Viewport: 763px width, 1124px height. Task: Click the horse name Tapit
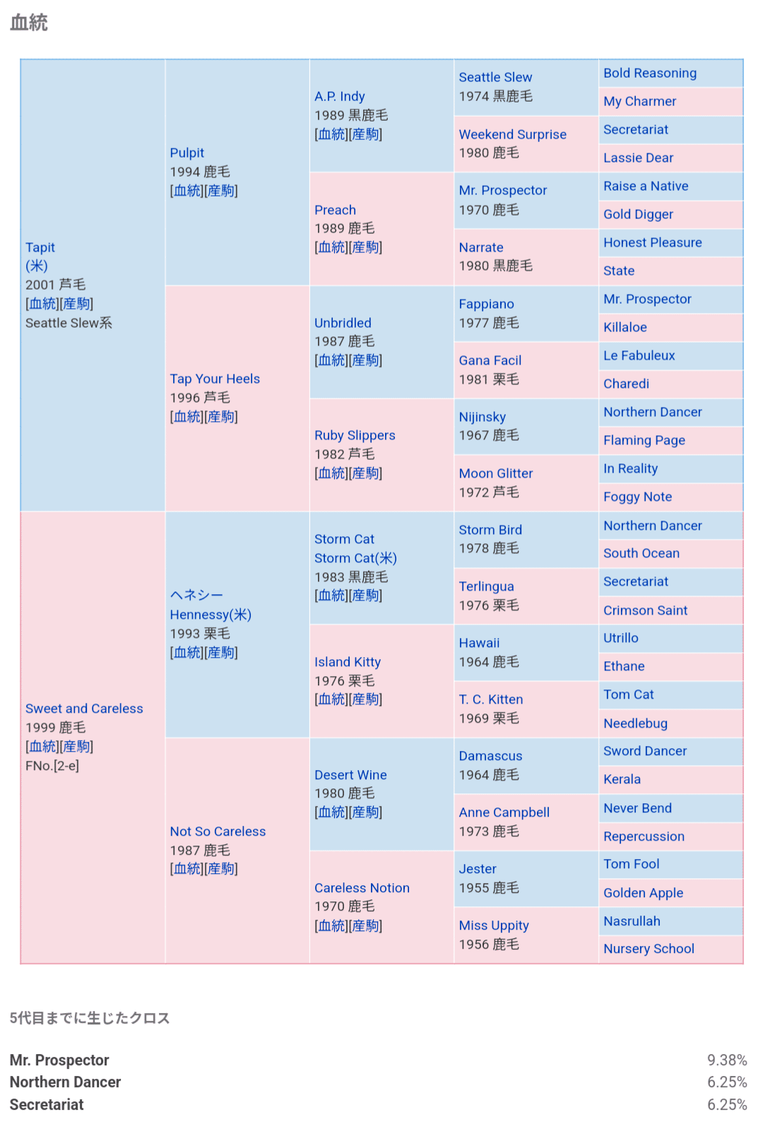[x=40, y=247]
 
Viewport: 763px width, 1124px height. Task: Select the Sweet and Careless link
[x=84, y=709]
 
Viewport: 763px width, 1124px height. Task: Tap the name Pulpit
[x=187, y=153]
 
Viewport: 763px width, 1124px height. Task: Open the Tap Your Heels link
[x=215, y=379]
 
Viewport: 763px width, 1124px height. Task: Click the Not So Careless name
[x=218, y=832]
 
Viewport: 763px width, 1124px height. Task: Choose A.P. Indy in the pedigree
[x=339, y=96]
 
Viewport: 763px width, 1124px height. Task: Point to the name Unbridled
[x=343, y=323]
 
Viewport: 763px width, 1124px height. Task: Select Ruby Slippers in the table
[x=355, y=435]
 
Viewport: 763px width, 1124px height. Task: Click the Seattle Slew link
[x=495, y=77]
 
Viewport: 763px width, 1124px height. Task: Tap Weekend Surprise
[x=512, y=134]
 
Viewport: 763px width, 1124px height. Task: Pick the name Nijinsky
[x=482, y=417]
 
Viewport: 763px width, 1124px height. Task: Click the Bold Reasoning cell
[x=649, y=73]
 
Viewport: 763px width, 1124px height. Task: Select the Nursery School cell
[x=649, y=949]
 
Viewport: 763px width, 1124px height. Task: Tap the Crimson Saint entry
[x=645, y=610]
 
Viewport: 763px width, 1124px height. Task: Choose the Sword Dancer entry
[x=644, y=751]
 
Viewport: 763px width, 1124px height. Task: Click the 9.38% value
[x=727, y=1060]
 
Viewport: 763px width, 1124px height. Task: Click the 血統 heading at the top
[x=29, y=23]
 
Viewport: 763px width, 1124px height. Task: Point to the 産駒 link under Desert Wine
[x=367, y=812]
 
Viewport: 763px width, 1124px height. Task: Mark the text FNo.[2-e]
[x=52, y=766]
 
